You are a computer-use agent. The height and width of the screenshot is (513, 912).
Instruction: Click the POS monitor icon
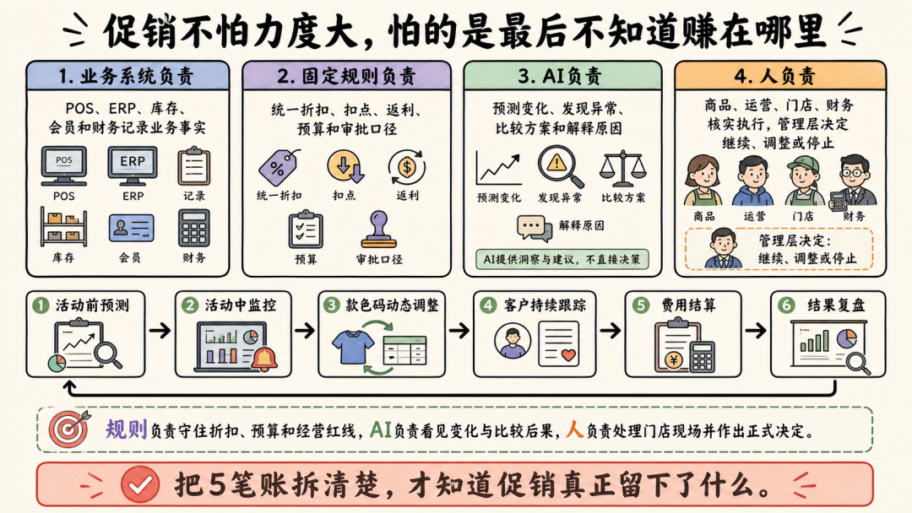[64, 166]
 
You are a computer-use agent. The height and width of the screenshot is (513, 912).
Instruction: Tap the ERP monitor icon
[133, 166]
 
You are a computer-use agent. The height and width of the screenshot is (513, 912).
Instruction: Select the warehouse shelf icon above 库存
[63, 227]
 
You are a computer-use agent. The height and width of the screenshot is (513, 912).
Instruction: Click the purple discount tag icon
[279, 168]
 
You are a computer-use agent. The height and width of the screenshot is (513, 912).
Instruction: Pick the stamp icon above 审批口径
[378, 229]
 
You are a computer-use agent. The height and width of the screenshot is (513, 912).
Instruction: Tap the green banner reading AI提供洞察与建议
[562, 259]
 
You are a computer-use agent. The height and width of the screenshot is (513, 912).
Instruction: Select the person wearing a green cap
[804, 181]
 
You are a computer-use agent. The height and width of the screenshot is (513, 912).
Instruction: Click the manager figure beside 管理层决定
[723, 248]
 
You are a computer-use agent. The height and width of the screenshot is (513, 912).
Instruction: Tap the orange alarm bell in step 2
[264, 359]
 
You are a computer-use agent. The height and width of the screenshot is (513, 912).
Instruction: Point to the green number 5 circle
[640, 305]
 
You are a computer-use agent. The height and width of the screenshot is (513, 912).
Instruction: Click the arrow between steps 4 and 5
[611, 331]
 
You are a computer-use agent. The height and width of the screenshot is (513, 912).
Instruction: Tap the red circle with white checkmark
[140, 484]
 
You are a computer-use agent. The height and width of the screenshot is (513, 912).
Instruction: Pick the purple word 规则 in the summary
[126, 429]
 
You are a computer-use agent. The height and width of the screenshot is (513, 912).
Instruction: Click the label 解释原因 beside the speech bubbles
[581, 225]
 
